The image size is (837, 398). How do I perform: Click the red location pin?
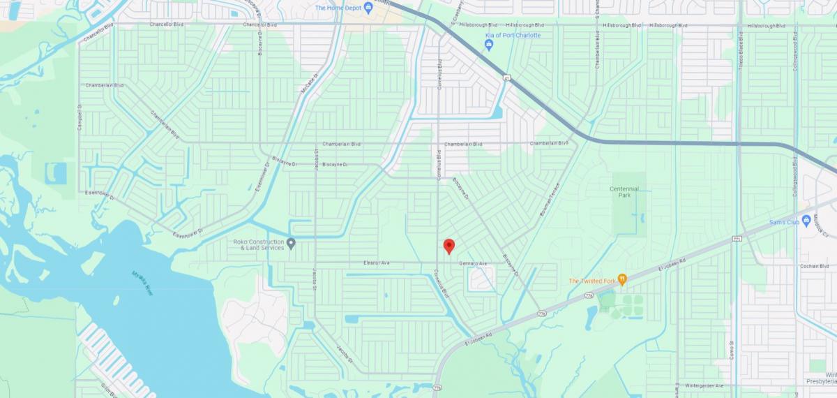[449, 246]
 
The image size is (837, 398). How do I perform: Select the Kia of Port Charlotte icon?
[489, 45]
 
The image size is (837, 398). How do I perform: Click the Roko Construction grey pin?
[292, 243]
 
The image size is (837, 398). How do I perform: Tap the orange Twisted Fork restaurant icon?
[622, 280]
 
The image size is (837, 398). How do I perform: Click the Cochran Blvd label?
[814, 266]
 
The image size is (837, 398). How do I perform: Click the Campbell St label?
[80, 117]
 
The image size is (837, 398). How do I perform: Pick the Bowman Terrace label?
[550, 199]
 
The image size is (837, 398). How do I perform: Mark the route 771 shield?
[737, 240]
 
